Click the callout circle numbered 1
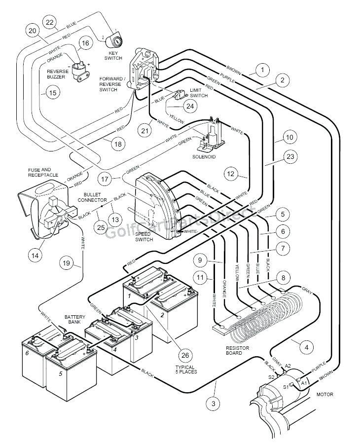pyautogui.click(x=262, y=71)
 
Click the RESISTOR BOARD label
pyautogui.click(x=238, y=350)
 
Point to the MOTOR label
pyautogui.click(x=324, y=394)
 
